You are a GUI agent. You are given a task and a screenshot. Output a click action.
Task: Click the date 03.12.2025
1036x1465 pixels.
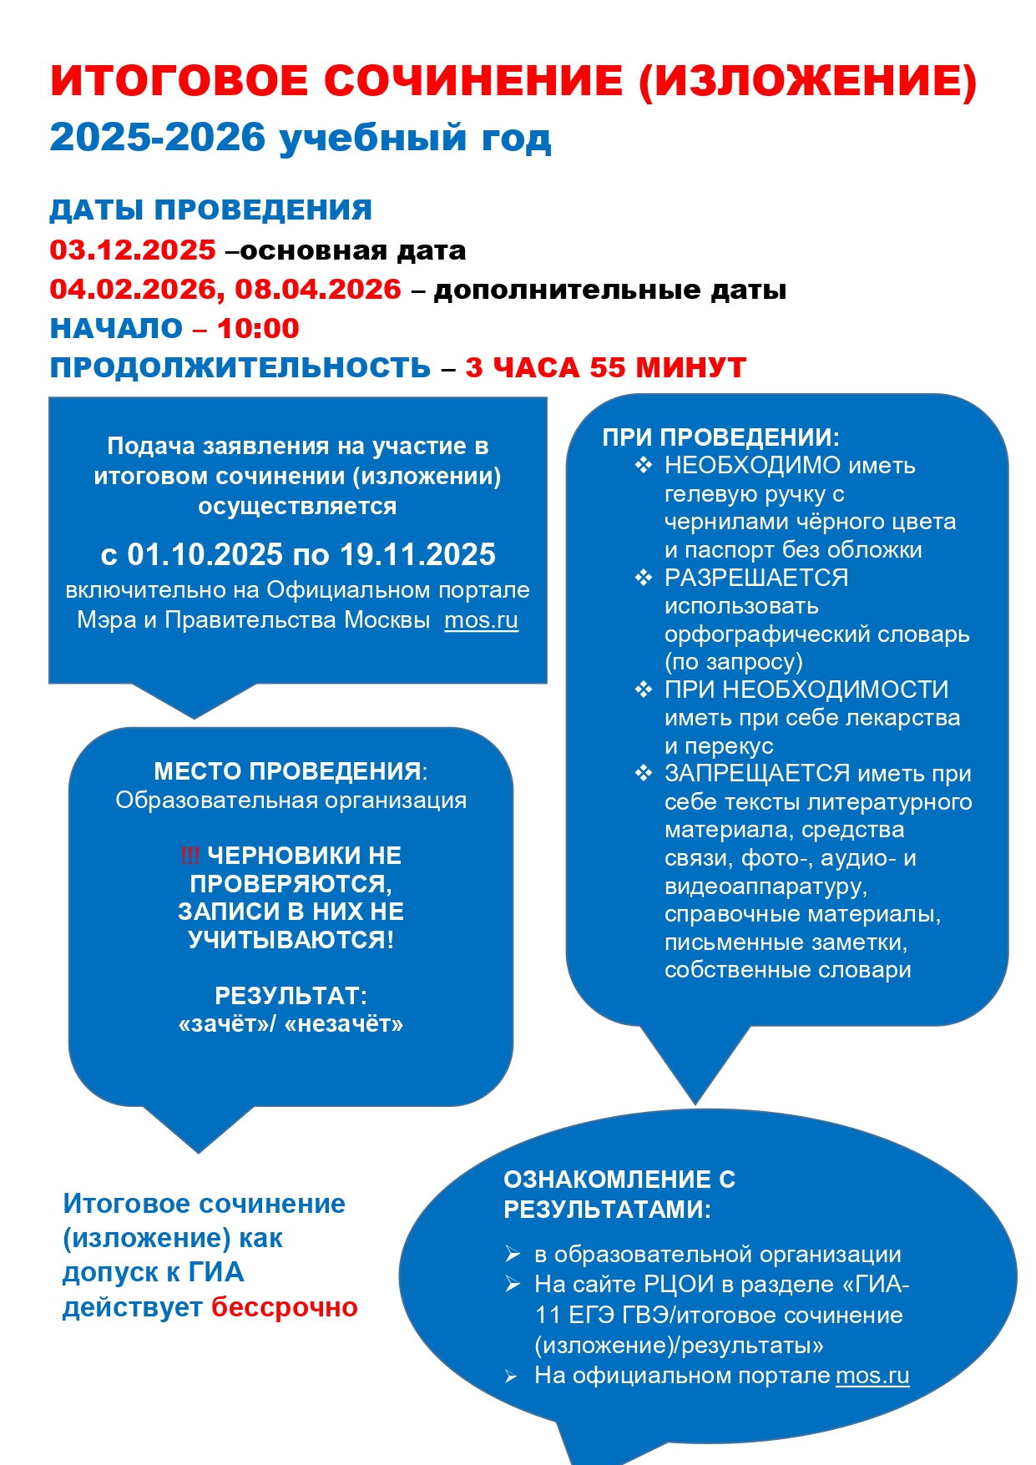133,250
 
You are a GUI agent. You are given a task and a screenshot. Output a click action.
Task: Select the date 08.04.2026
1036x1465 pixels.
318,289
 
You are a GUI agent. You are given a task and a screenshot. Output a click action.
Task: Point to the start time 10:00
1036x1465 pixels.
258,328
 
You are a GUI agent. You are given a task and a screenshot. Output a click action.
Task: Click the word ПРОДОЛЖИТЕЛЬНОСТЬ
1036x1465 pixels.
240,367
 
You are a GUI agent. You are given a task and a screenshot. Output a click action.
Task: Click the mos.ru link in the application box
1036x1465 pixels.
481,620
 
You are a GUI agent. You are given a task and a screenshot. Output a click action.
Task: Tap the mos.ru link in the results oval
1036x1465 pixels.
872,1375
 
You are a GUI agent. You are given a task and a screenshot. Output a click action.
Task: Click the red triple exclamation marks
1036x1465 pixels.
190,855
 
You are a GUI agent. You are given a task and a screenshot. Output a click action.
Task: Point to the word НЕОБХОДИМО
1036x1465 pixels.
752,465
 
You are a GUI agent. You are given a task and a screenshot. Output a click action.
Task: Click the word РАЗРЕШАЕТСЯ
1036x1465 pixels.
756,578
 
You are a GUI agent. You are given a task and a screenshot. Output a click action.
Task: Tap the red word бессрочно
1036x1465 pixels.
284,1306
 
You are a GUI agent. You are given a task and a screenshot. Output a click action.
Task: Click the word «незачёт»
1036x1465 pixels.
344,1023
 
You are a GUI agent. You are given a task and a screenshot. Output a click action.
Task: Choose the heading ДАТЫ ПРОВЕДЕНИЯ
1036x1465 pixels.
210,210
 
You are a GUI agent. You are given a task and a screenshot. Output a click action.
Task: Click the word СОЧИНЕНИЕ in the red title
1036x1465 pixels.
473,81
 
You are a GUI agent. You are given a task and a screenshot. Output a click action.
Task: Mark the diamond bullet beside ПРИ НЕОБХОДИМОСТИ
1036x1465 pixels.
643,690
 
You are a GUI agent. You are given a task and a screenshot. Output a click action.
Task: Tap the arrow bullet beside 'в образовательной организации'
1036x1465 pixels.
513,1254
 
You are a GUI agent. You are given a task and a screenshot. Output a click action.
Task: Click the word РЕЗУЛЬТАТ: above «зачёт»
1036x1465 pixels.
291,995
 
